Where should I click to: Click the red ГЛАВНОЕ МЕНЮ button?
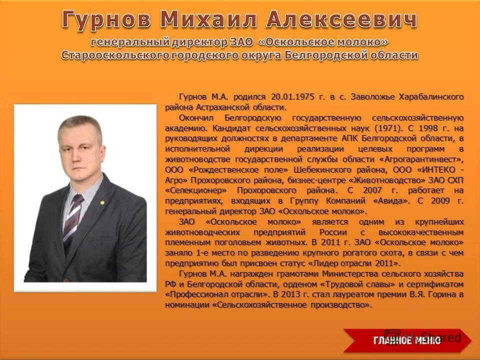(406, 340)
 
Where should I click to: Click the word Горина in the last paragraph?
(440, 294)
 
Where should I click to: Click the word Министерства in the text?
(349, 273)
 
